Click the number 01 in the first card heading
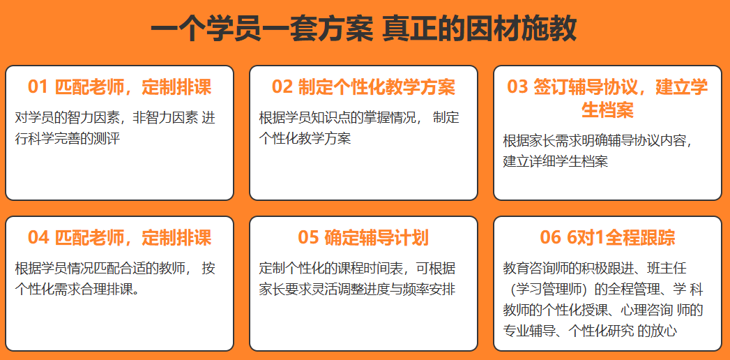click(37, 87)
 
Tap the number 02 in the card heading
click(282, 87)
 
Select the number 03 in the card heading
click(517, 87)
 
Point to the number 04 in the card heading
click(38, 238)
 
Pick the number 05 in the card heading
click(308, 238)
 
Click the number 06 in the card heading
click(551, 238)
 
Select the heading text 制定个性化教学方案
click(377, 87)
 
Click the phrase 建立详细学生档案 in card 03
click(556, 161)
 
